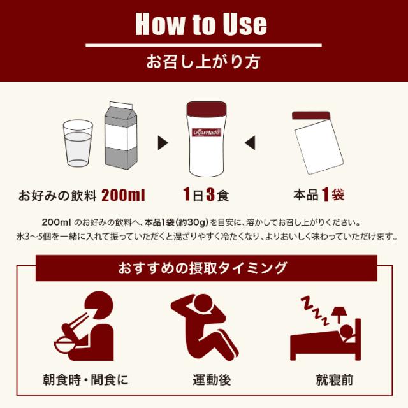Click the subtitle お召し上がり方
pyautogui.click(x=203, y=63)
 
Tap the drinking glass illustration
pyautogui.click(x=78, y=145)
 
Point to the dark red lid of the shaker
pyautogui.click(x=204, y=109)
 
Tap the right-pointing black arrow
pyautogui.click(x=163, y=141)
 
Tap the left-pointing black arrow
pyautogui.click(x=249, y=141)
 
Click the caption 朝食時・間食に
pyautogui.click(x=87, y=381)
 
